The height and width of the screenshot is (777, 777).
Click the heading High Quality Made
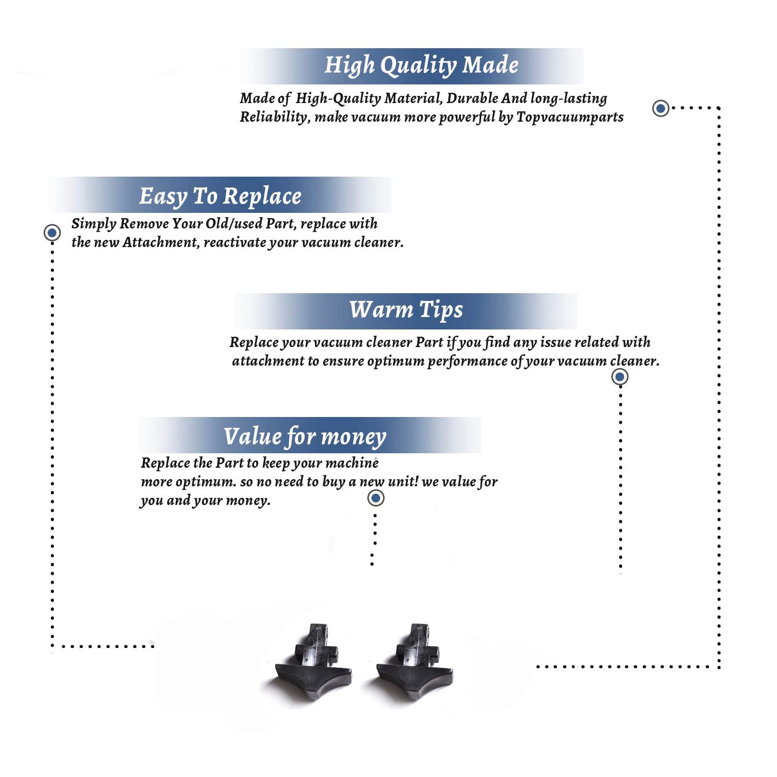pyautogui.click(x=421, y=66)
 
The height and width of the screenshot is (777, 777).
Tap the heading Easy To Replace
pyautogui.click(x=220, y=196)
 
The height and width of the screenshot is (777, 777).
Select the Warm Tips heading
pyautogui.click(x=406, y=310)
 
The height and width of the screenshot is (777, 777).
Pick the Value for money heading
pyautogui.click(x=305, y=437)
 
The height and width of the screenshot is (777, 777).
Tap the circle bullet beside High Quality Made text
pyautogui.click(x=660, y=108)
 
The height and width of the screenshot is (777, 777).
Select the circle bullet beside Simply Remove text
pyautogui.click(x=52, y=233)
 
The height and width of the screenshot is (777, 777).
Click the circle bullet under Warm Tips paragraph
pyautogui.click(x=620, y=377)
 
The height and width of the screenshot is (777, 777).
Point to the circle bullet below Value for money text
pyautogui.click(x=376, y=498)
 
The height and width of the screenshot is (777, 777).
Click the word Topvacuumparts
pyautogui.click(x=570, y=118)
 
